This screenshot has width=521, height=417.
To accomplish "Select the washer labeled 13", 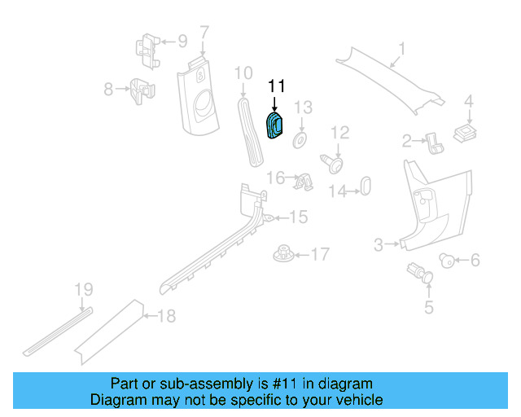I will point(300,141).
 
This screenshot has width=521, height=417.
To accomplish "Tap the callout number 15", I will point(299,217).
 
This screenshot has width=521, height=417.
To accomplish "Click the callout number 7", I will point(204,33).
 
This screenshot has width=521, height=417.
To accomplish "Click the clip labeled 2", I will point(436,143).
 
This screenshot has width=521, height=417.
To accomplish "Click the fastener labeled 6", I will point(447,260).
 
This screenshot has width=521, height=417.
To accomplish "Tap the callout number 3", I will point(379,244).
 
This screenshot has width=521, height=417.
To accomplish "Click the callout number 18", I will point(165,316).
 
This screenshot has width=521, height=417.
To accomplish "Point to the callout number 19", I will point(84,290).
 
